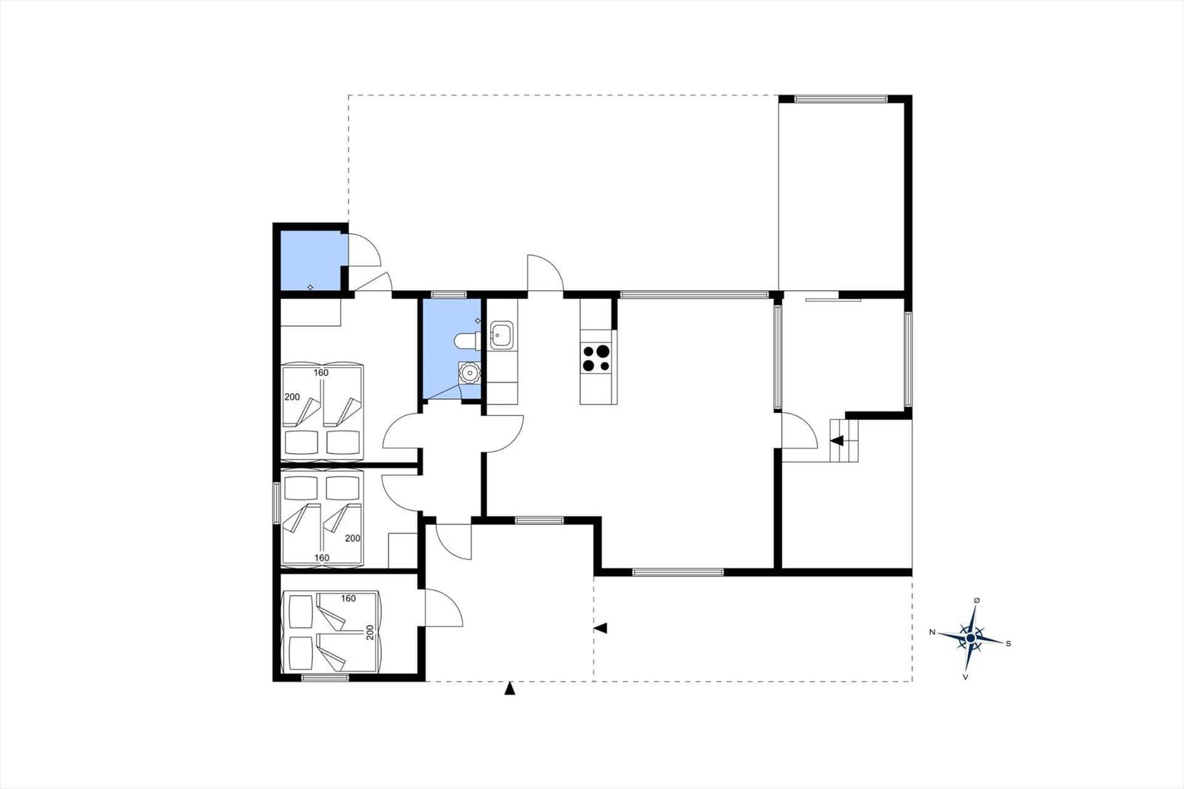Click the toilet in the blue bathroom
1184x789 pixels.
467,340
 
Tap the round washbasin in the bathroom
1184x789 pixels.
469,373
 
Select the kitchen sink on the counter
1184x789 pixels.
501,335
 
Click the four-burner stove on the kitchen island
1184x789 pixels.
596,358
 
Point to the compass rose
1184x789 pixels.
970,638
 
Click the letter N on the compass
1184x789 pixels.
932,632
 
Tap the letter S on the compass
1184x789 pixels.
1008,644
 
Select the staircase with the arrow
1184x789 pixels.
844,440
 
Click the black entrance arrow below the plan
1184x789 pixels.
510,688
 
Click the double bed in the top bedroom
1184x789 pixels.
323,411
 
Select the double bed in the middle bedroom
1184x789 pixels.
323,519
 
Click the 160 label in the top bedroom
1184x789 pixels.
321,373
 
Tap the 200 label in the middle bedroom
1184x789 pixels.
352,538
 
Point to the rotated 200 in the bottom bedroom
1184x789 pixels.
370,633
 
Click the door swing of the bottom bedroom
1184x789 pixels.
444,608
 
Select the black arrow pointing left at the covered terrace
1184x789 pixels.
600,628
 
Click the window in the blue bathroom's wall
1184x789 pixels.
448,295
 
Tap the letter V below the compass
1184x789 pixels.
965,677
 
